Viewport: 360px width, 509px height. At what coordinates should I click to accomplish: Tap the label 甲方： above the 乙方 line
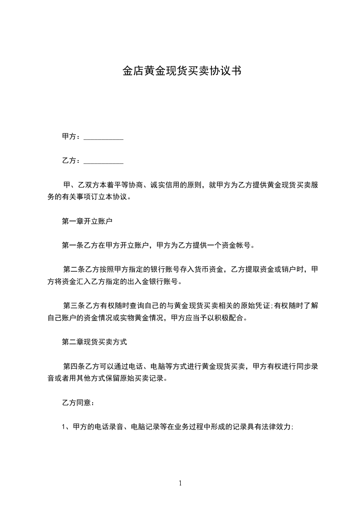pyautogui.click(x=72, y=137)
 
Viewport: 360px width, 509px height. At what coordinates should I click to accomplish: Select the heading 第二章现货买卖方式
pyautogui.click(x=94, y=342)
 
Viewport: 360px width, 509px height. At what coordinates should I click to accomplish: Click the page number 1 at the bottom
pyautogui.click(x=180, y=483)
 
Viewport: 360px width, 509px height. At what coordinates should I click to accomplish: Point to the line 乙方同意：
pyautogui.click(x=78, y=402)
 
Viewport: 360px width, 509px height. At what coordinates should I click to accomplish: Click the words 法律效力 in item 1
pyautogui.click(x=276, y=427)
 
